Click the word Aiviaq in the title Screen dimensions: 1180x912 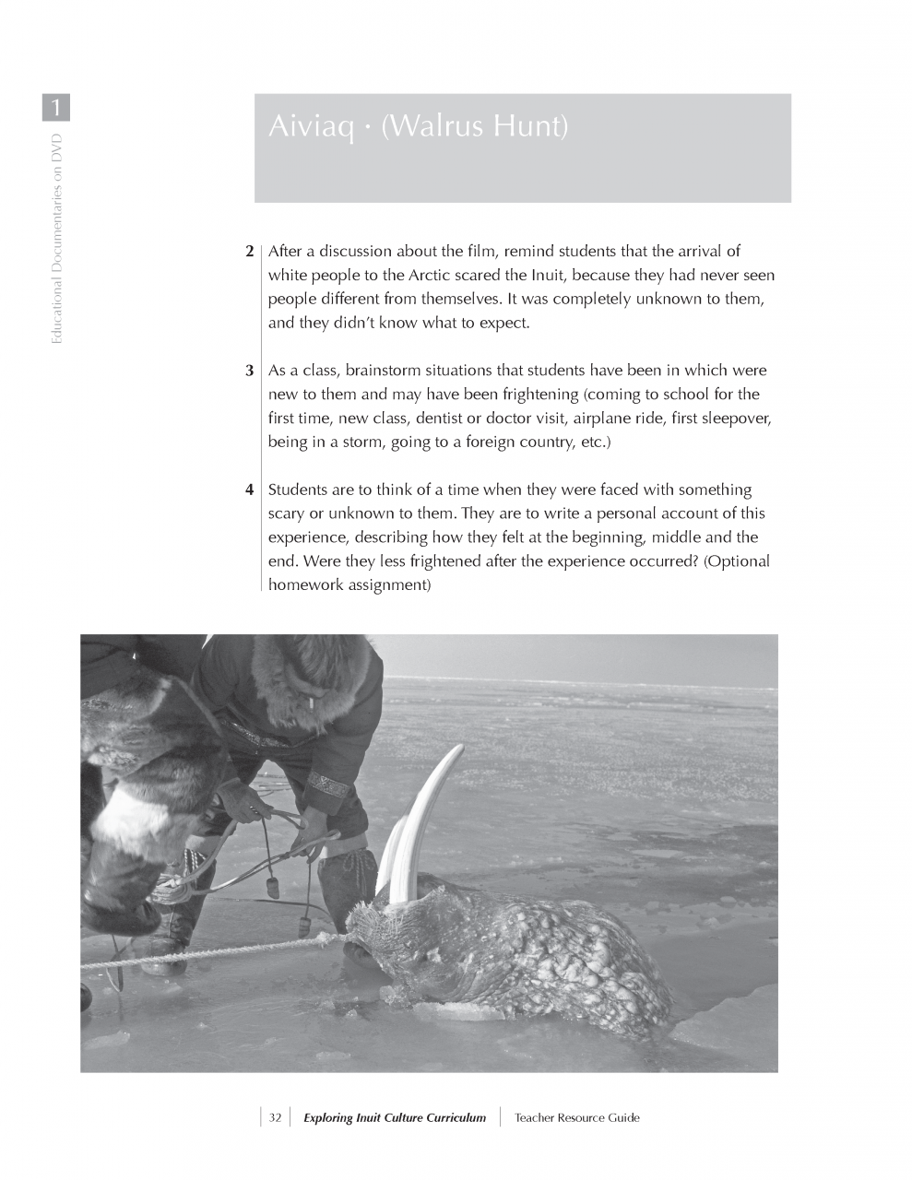click(x=310, y=126)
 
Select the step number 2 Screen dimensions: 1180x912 click(x=249, y=252)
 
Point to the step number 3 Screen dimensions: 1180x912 click(x=249, y=372)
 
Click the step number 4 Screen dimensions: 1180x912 click(x=249, y=490)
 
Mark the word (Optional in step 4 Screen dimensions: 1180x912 click(x=736, y=561)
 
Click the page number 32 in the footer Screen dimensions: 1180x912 click(x=275, y=1118)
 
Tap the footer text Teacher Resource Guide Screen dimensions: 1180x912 click(x=576, y=1118)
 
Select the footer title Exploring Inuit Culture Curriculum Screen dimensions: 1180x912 click(x=394, y=1118)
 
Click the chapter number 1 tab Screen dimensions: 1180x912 click(x=55, y=108)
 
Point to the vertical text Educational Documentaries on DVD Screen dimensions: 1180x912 click(x=57, y=240)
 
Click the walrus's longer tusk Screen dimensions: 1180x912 click(x=426, y=816)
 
